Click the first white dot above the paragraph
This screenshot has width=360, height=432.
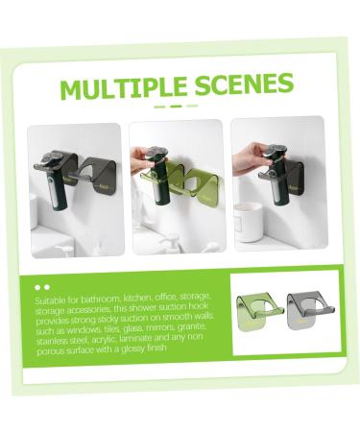[36, 286]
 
